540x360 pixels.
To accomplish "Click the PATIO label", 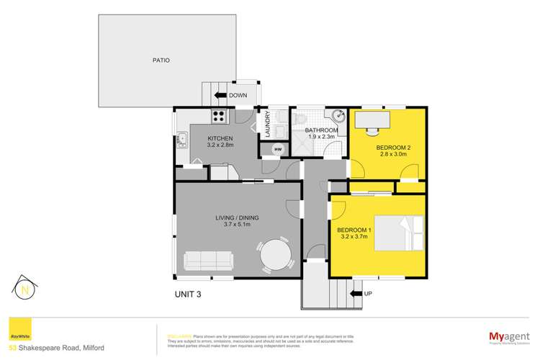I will click(161, 60).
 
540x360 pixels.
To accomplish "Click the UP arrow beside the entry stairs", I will click(354, 293).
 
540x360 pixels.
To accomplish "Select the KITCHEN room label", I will click(220, 138).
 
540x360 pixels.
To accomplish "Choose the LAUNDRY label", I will click(267, 124).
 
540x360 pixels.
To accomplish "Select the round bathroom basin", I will click(338, 115).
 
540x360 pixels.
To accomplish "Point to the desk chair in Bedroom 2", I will click(372, 129).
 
